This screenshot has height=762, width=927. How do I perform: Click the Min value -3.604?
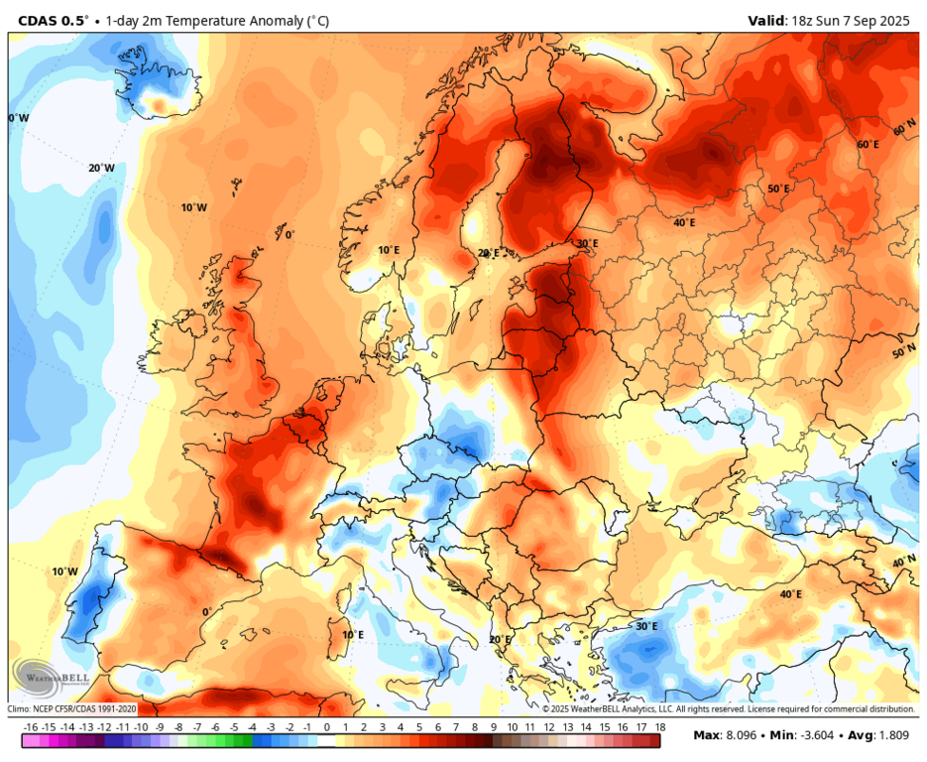[823, 735]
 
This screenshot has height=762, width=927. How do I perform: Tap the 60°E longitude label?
[868, 145]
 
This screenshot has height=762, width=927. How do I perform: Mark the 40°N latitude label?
[903, 562]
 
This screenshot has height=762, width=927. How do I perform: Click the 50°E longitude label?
[778, 190]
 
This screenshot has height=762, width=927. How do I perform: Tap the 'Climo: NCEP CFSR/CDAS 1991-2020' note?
[73, 709]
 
